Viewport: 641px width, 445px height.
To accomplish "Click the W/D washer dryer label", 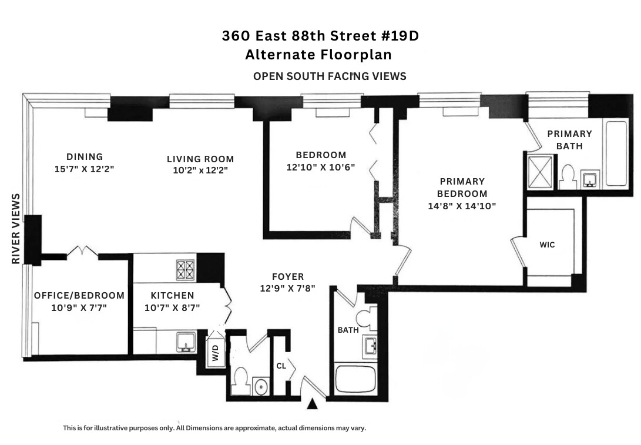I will tap(216, 354).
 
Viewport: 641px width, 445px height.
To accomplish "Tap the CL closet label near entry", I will tap(281, 366).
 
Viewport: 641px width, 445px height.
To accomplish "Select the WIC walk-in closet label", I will tap(547, 245).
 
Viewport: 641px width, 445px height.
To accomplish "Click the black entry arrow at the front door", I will tap(313, 404).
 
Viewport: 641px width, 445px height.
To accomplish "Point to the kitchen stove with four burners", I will tap(186, 270).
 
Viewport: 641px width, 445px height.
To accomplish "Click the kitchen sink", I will tap(186, 340).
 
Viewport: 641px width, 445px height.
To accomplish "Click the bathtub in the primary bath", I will tap(616, 153).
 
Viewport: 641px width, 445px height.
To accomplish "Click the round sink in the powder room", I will tap(261, 387).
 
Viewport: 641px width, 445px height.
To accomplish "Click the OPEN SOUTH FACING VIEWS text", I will tap(330, 76).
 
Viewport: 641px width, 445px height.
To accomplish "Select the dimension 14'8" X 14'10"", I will tap(462, 206).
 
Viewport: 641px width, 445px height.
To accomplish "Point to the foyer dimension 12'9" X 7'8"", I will tap(288, 289).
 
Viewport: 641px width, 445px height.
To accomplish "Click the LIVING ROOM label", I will tap(200, 159).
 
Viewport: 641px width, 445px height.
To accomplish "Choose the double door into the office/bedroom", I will tap(82, 252).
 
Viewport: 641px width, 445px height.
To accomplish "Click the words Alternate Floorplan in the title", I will tap(318, 55).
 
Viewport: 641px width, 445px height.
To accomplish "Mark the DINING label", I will tap(85, 156).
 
